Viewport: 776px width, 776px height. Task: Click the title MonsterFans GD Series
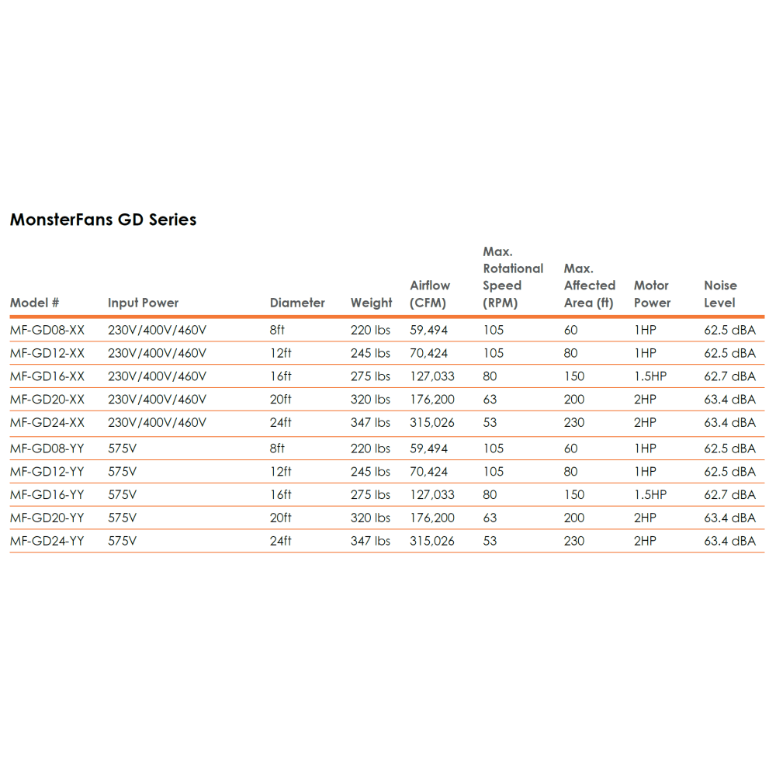103,220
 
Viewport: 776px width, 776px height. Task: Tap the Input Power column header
143,303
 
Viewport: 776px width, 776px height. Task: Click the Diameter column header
297,303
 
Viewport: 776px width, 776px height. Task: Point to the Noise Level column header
720,294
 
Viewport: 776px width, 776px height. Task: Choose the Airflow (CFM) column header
430,294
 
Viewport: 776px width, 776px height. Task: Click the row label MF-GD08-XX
47,330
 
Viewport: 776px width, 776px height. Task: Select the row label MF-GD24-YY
47,541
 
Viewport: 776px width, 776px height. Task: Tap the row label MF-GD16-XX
47,376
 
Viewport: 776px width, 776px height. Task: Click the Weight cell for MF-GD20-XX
370,400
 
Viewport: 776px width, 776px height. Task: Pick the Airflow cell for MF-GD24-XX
432,423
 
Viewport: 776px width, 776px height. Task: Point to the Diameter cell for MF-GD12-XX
281,353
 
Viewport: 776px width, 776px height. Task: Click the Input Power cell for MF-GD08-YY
122,449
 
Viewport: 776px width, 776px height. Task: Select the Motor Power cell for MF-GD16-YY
650,494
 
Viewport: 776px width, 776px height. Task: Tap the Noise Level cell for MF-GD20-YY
729,518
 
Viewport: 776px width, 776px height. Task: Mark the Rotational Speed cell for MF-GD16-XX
490,376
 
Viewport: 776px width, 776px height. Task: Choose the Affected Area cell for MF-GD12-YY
571,471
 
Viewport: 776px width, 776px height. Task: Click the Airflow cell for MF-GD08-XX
429,330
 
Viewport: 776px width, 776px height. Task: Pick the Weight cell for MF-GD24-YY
370,541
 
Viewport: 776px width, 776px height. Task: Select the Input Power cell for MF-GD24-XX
157,423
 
